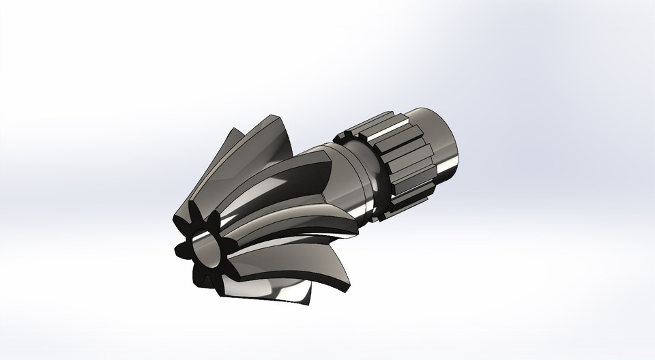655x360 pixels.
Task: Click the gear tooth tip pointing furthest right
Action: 355,235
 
